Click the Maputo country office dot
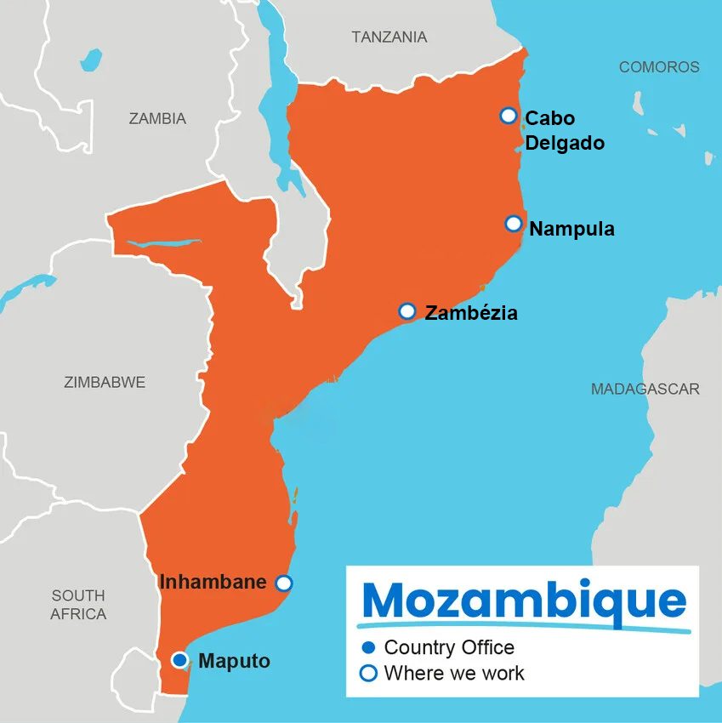point(179,660)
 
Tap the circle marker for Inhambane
point(284,583)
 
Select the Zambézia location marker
point(407,311)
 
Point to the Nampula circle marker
point(513,224)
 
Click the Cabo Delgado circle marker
point(508,115)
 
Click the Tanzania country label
point(389,37)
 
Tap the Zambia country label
point(157,119)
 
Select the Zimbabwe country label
point(105,383)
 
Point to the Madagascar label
point(645,389)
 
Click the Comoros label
point(659,67)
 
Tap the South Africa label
point(78,605)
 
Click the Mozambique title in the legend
point(524,601)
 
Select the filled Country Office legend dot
point(368,648)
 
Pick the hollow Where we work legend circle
point(368,674)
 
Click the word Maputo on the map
point(235,661)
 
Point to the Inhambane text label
point(213,583)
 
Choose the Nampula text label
point(571,229)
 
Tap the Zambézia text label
point(471,313)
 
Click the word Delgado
point(565,143)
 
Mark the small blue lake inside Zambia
point(90,60)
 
